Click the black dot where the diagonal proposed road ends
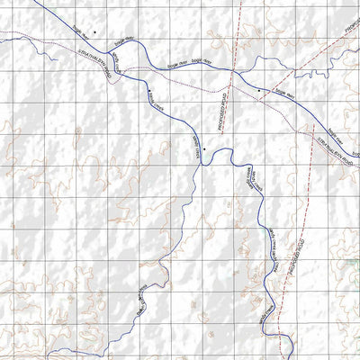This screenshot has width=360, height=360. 259,91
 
